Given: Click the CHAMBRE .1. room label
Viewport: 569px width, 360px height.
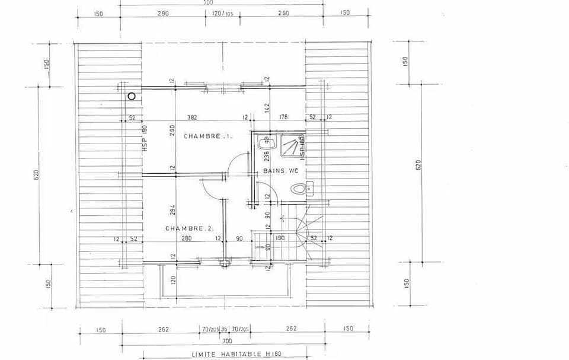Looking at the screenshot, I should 208,136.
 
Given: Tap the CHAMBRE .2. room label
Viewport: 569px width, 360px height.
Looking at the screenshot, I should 190,228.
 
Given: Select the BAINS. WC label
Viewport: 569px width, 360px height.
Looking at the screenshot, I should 280,171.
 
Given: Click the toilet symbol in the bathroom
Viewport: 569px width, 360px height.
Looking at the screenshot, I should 301,189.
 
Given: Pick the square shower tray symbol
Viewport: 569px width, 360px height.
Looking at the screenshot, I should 290,146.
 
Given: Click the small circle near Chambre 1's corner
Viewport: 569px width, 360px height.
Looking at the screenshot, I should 132,95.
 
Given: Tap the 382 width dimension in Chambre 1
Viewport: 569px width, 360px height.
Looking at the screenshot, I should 192,117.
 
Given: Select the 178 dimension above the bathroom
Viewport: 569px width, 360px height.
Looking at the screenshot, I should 283,117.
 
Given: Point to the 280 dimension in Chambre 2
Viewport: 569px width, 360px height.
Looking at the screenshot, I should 187,238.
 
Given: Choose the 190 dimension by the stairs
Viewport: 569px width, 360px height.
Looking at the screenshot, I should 280,238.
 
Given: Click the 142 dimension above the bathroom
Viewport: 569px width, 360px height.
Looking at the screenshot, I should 267,107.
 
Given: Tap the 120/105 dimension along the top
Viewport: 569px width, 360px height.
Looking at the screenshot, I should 222,13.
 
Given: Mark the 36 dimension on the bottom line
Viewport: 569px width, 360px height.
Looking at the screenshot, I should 224,329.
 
